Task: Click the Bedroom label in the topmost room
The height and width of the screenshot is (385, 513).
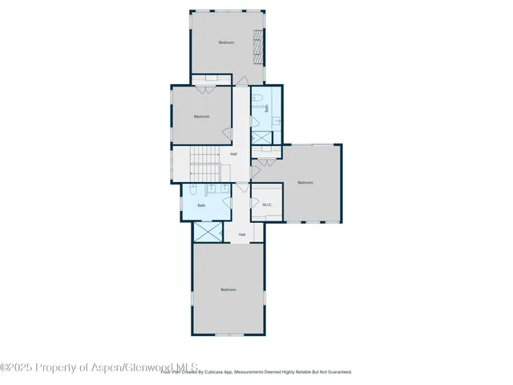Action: tap(227, 43)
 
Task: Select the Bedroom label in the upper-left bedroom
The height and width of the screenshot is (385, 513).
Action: tap(201, 116)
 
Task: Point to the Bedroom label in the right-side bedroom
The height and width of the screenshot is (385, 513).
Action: tap(305, 183)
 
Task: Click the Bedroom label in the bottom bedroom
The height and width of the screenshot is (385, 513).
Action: tap(228, 290)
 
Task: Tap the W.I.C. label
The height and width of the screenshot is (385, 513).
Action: tap(268, 205)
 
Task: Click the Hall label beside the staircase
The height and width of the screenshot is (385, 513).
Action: tap(233, 154)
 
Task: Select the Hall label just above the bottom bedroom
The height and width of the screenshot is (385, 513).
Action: tap(241, 234)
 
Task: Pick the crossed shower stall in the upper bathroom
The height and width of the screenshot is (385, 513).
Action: tap(262, 136)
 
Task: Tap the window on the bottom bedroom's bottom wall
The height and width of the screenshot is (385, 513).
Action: tap(228, 334)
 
